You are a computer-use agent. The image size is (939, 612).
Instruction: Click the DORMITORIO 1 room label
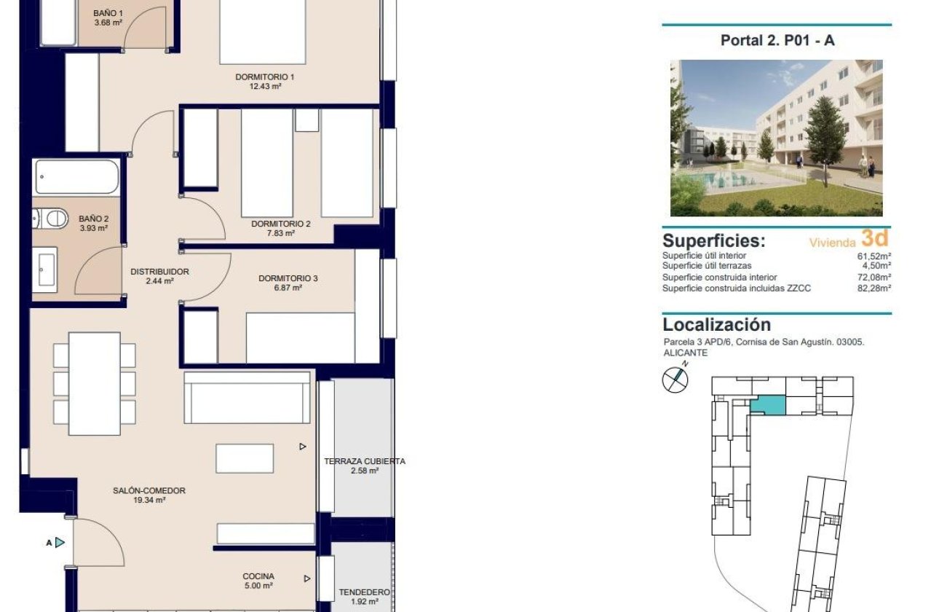(x=264, y=76)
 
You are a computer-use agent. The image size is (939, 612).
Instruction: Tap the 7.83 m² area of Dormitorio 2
(x=280, y=234)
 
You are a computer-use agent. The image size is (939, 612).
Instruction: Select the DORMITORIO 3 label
(x=288, y=278)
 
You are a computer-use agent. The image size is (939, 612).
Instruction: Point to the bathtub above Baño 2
(x=76, y=177)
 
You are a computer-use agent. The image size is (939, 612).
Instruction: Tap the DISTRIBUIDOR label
(x=159, y=272)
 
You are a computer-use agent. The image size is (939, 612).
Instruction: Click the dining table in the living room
(x=94, y=383)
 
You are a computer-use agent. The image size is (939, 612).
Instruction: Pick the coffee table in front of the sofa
(x=245, y=458)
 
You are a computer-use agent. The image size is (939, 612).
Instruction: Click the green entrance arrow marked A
(x=60, y=542)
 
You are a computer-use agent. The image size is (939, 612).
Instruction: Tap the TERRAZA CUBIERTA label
(x=364, y=461)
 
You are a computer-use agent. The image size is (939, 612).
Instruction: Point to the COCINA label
(x=258, y=576)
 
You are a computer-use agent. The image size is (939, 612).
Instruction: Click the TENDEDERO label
(x=364, y=592)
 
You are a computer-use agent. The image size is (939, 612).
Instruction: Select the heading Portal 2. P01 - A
(x=777, y=41)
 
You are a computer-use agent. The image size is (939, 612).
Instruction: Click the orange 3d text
(x=874, y=238)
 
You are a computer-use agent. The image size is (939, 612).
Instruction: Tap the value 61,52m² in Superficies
(x=874, y=256)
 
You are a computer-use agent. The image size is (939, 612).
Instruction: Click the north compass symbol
(x=675, y=380)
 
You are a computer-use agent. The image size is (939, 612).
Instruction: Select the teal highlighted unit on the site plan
(x=769, y=406)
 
